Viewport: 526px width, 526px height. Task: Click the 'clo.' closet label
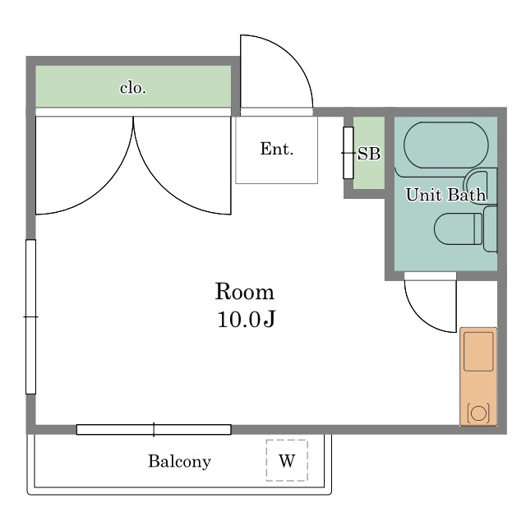pos(133,88)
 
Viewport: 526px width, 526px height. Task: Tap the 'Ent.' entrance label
pos(277,149)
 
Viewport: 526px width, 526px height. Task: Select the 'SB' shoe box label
pos(369,154)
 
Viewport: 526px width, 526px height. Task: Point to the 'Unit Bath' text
pos(445,195)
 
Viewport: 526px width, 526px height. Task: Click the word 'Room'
pos(245,292)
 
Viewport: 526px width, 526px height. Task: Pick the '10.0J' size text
pos(247,319)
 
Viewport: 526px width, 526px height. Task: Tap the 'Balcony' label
pos(179,462)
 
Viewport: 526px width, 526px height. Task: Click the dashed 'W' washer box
pos(287,460)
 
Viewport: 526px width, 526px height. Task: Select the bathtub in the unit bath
pos(446,145)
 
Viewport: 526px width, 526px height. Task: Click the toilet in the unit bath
pos(459,229)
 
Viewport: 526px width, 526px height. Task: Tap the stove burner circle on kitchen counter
pos(478,413)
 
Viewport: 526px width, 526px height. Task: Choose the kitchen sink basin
pos(478,352)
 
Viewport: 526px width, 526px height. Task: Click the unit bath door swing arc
pos(420,317)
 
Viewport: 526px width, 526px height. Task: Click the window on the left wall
pos(31,316)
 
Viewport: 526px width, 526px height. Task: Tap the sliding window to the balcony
pos(154,429)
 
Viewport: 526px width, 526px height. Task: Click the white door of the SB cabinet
pos(348,153)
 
